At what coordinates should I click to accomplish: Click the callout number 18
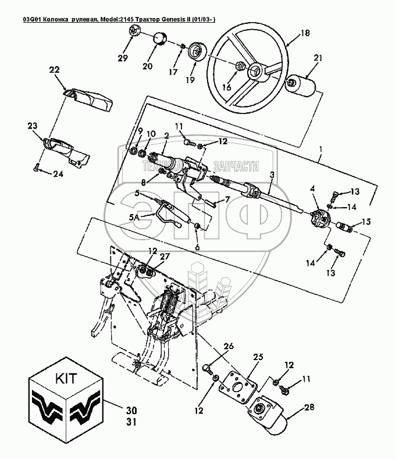305,34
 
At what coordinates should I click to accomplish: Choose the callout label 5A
134,217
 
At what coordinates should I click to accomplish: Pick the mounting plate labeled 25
241,389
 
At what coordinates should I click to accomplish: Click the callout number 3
272,174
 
